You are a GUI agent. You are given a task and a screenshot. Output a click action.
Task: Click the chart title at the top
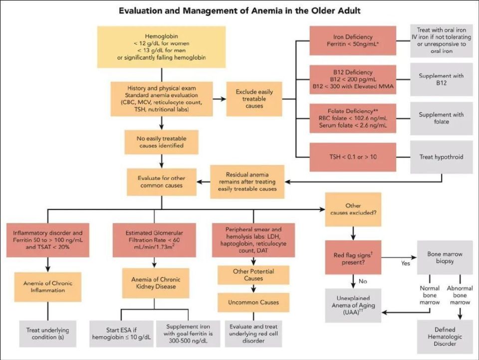pos(239,10)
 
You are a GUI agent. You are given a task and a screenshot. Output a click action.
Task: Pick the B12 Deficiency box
pos(352,80)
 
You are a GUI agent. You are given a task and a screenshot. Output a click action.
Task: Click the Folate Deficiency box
pos(352,118)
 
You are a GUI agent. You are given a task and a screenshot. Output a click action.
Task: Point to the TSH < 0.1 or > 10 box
pos(352,157)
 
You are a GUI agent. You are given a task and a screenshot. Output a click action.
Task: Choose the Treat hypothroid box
pos(442,157)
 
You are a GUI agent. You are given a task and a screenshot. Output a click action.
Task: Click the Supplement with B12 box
pos(442,80)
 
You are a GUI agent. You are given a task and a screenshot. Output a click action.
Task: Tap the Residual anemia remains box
pos(247,181)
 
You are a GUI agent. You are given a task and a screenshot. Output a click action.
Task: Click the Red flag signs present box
pos(353,256)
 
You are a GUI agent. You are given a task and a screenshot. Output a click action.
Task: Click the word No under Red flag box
pos(363,281)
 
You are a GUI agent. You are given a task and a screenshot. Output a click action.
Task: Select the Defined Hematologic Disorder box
pos(445,336)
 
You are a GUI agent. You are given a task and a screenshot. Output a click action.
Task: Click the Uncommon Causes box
pos(253,302)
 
